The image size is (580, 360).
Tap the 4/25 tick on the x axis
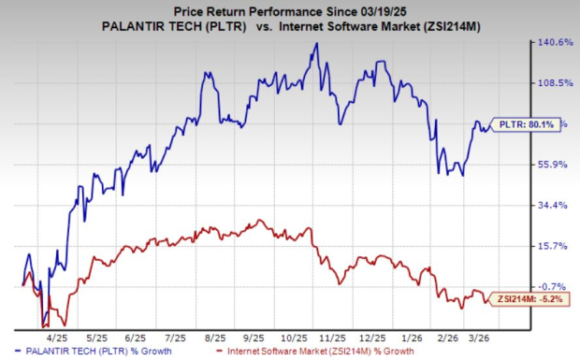pyautogui.click(x=58, y=336)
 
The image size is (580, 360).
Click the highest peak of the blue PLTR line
pyautogui.click(x=316, y=44)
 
